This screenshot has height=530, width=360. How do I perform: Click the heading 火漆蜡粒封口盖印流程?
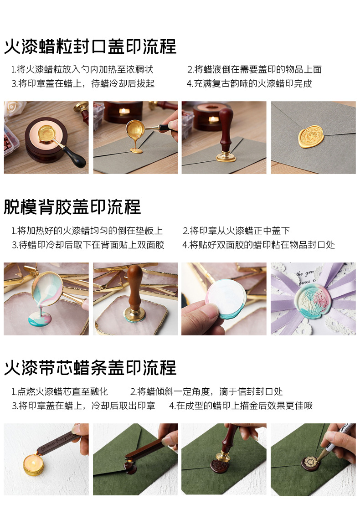tap(90, 47)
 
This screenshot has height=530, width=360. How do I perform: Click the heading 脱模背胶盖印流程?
tap(72, 207)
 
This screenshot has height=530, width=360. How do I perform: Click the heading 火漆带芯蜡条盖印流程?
tap(90, 367)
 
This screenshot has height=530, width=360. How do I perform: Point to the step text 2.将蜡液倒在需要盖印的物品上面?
tap(254, 70)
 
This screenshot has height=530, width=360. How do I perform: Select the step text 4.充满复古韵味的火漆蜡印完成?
tap(249, 84)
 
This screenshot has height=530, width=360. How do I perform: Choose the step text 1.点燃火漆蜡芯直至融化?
tap(60, 391)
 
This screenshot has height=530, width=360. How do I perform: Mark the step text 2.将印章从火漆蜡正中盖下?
tap(236, 231)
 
